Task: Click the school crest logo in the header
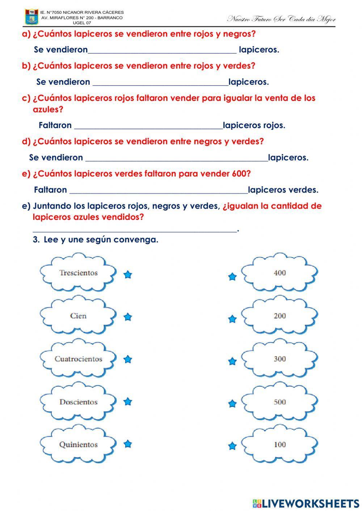[x=31, y=17]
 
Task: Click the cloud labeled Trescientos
[x=78, y=273]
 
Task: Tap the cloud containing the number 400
[x=279, y=273]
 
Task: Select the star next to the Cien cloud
[x=127, y=317]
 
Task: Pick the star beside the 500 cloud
[x=232, y=404]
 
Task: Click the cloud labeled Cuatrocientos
[x=78, y=359]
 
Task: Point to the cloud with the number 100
[x=279, y=444]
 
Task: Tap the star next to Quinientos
[x=127, y=444]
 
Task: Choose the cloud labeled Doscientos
[x=78, y=402]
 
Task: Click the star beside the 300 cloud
[x=232, y=361]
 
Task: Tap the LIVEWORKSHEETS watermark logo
[x=306, y=503]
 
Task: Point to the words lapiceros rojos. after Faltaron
[x=254, y=125]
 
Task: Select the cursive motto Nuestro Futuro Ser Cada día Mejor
[x=281, y=19]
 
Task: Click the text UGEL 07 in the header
[x=82, y=22]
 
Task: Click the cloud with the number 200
[x=279, y=316]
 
